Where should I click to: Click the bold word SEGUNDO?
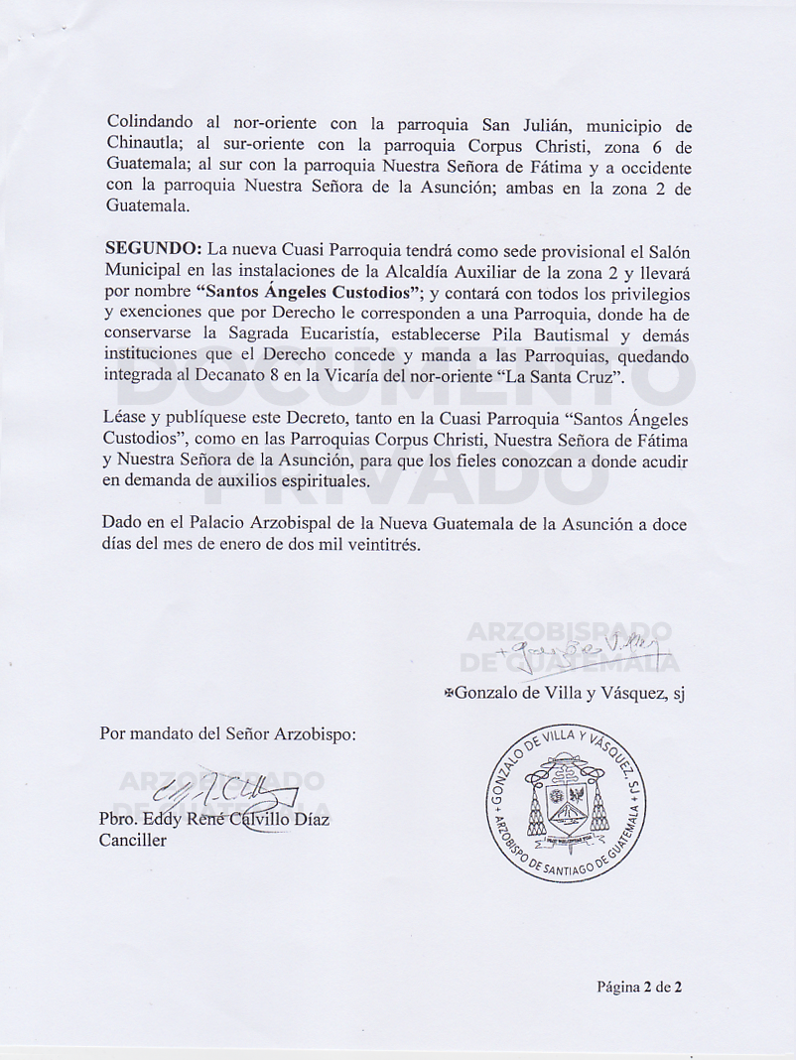click(x=147, y=247)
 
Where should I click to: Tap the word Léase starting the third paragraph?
click(x=124, y=420)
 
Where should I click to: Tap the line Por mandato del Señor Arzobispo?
click(x=227, y=734)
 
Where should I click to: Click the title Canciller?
click(x=133, y=841)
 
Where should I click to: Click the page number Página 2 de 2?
click(x=639, y=987)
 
